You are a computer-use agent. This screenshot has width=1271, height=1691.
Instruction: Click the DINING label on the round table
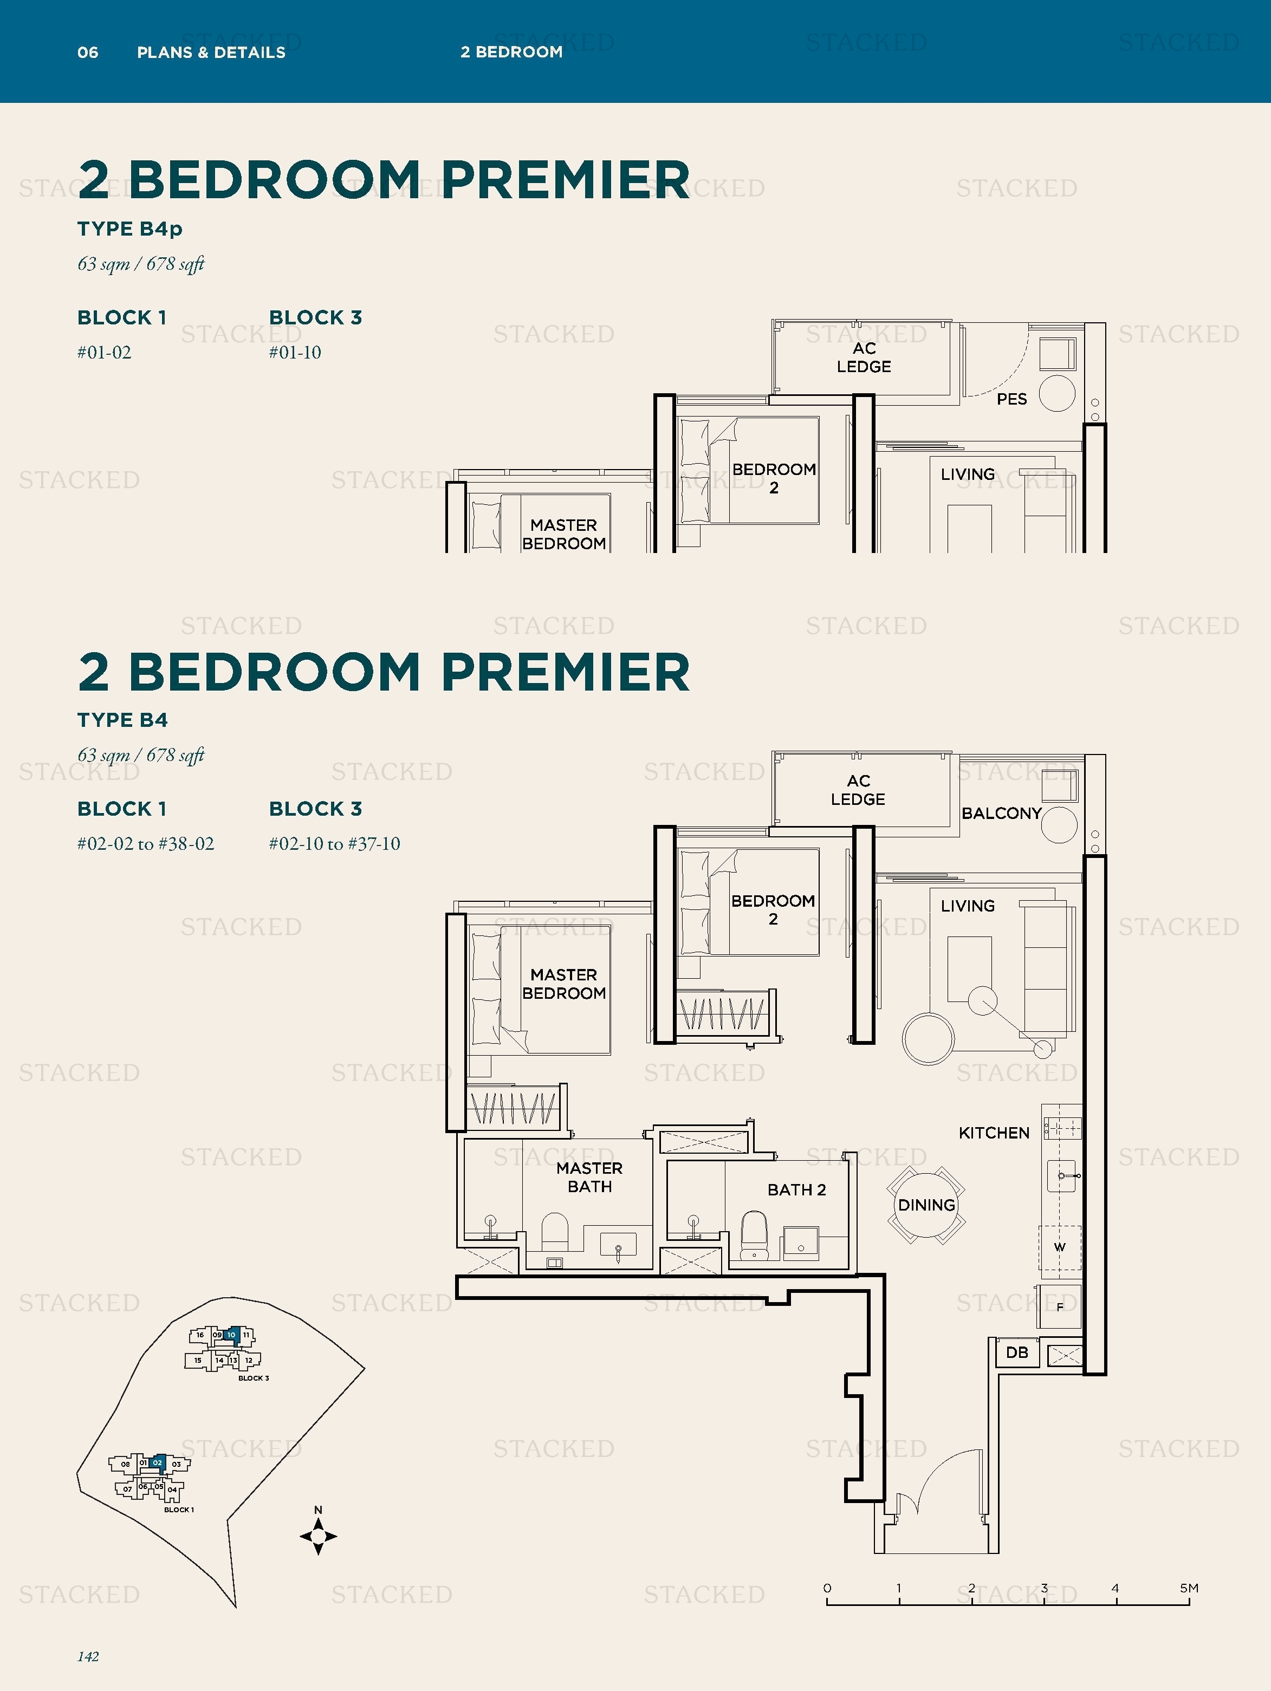pyautogui.click(x=926, y=1206)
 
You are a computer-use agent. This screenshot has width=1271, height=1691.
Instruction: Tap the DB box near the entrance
pyautogui.click(x=1016, y=1352)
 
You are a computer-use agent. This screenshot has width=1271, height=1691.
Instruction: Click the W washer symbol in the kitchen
pyautogui.click(x=1059, y=1247)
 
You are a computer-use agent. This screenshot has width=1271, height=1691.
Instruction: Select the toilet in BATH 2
pyautogui.click(x=754, y=1232)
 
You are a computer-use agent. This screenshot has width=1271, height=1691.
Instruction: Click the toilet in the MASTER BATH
pyautogui.click(x=555, y=1232)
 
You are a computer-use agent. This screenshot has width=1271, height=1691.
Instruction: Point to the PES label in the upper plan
pyautogui.click(x=1011, y=399)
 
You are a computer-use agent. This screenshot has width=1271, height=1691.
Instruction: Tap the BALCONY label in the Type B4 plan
pyautogui.click(x=1001, y=814)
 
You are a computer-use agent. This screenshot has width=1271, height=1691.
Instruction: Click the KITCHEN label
pyautogui.click(x=994, y=1133)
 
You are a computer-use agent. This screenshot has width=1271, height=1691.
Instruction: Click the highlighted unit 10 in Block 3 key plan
pyautogui.click(x=231, y=1335)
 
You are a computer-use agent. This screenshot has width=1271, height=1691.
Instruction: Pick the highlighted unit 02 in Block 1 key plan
pyautogui.click(x=158, y=1462)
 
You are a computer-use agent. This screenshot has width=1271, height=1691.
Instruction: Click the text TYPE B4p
pyautogui.click(x=129, y=229)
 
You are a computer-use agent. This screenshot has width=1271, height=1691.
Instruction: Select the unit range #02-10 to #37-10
pyautogui.click(x=334, y=844)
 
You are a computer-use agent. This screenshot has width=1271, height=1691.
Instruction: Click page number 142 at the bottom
pyautogui.click(x=88, y=1656)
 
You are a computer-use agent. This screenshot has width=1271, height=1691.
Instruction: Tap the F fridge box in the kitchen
pyautogui.click(x=1060, y=1307)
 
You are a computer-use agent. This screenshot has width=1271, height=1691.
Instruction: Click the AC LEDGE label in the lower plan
pyautogui.click(x=858, y=790)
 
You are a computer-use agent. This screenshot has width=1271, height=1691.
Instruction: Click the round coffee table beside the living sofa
pyautogui.click(x=928, y=1039)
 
